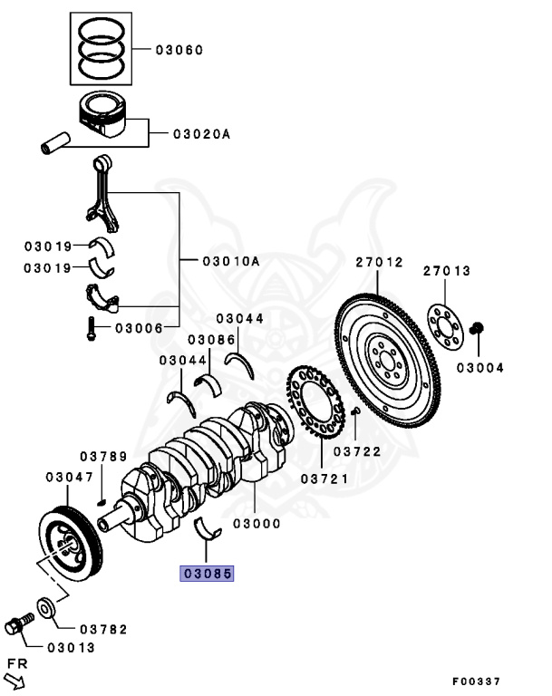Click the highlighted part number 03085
[208, 573]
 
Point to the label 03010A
[231, 261]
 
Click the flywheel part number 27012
[378, 262]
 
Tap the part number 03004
[480, 368]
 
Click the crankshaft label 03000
[257, 523]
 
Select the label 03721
[324, 478]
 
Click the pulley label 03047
[70, 476]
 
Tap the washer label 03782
[102, 629]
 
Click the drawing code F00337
[477, 681]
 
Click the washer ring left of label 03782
[45, 607]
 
